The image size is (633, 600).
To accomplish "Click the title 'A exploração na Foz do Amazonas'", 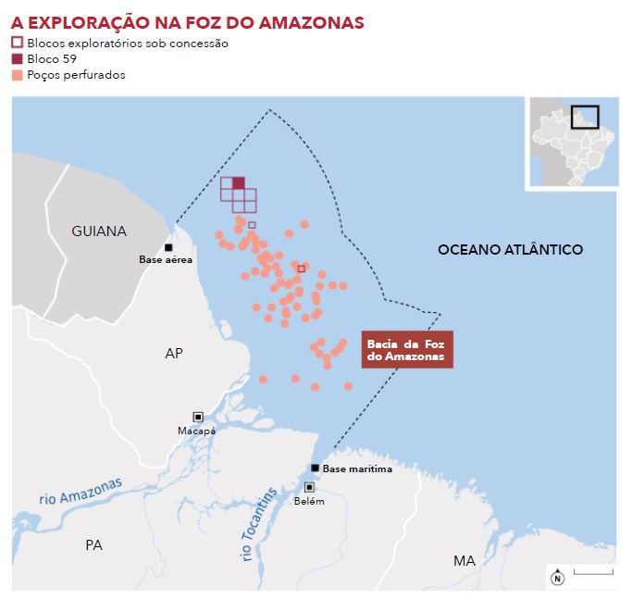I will [x=187, y=21].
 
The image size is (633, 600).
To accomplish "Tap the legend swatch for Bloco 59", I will [x=17, y=58].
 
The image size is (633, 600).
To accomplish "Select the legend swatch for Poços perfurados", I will [x=17, y=74].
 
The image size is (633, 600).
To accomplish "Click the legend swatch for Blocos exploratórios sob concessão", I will [x=17, y=43].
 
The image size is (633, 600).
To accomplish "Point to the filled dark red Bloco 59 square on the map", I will [x=239, y=182].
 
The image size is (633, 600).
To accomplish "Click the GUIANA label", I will [x=99, y=231].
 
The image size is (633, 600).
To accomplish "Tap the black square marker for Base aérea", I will [x=168, y=247].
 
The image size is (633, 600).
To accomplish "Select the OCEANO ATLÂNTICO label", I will [x=510, y=249].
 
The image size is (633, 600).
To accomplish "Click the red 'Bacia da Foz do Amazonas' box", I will [x=406, y=350].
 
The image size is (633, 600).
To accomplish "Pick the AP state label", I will [x=174, y=353].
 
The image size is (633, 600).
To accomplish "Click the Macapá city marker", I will [x=197, y=417].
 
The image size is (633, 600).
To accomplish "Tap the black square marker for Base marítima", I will [x=316, y=468].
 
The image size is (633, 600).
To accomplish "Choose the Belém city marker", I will [x=309, y=487].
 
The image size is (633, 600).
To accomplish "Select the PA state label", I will [x=93, y=544].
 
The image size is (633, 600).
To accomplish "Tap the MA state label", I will [x=464, y=560].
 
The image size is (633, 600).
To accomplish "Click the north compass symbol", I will [x=557, y=578].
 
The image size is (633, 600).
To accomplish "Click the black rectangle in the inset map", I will [x=585, y=118].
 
